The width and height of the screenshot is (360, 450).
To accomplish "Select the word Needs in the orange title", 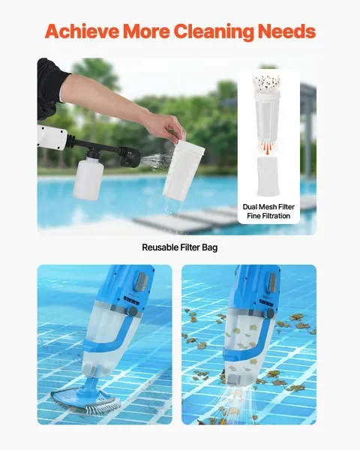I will click(286, 31).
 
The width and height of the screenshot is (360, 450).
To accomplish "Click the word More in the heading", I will click(145, 31).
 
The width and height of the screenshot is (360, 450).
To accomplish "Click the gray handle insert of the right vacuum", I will click(272, 281).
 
